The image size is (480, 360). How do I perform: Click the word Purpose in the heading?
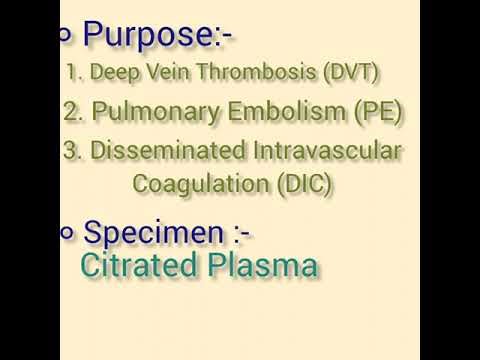(x=146, y=34)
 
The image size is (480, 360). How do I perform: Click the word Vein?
(x=164, y=73)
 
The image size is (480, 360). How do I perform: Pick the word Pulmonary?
(x=145, y=113)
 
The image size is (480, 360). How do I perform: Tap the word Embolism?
(x=270, y=112)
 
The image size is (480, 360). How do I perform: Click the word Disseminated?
(x=163, y=152)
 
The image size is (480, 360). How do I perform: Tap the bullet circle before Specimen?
(x=68, y=233)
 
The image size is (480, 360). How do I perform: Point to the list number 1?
(x=71, y=73)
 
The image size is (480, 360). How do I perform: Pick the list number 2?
(x=70, y=113)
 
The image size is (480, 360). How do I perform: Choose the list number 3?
(x=70, y=152)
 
